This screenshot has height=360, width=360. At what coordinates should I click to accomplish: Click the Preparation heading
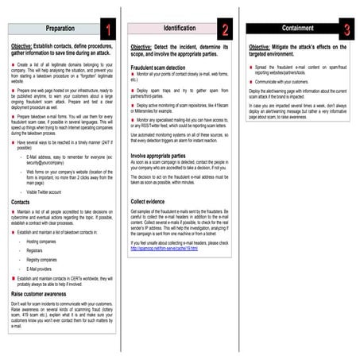pos(60,29)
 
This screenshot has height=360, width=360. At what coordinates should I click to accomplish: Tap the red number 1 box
pos(109,29)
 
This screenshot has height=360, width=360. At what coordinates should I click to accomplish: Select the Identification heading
pos(180,29)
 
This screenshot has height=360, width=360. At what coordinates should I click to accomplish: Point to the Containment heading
pos(295,29)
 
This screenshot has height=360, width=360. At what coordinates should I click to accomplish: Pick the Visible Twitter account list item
pos(47,192)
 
